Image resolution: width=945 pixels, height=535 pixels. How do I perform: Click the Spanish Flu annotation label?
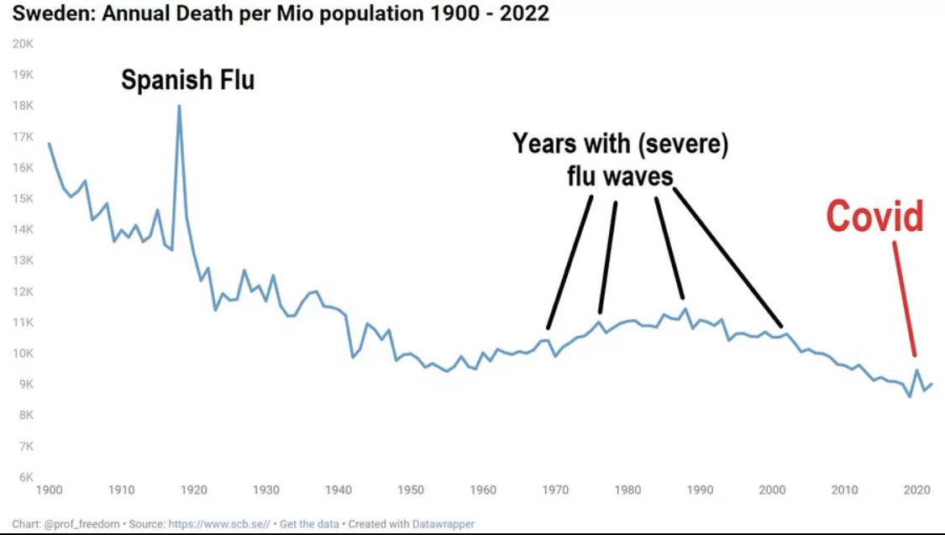tap(187, 81)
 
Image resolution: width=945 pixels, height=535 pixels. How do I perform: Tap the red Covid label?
tap(874, 217)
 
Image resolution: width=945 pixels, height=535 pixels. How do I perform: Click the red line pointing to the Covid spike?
tap(904, 298)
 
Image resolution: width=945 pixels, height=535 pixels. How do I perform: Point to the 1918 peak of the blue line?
tap(179, 107)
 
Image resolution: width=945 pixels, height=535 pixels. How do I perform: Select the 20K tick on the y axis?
tap(23, 44)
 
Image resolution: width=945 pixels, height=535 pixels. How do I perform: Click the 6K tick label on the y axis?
tap(24, 477)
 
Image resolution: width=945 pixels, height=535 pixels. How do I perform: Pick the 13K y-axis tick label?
tap(23, 260)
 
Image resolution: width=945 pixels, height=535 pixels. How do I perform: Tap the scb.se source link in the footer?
tap(220, 524)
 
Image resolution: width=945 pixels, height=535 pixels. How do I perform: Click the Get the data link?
tap(308, 524)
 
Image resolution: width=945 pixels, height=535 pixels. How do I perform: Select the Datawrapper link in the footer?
tap(443, 524)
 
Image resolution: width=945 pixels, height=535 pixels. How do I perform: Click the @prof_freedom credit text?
tap(81, 524)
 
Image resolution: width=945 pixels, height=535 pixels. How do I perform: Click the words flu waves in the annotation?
tap(618, 176)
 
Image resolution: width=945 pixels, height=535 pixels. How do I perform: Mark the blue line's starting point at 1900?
tap(49, 144)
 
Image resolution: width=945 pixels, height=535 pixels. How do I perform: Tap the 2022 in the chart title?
tap(525, 14)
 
